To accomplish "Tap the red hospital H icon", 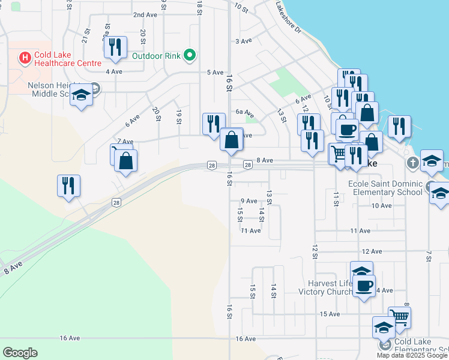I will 25,58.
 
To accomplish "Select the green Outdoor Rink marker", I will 190,56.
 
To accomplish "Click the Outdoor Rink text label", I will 156,56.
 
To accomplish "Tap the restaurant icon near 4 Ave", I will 115,47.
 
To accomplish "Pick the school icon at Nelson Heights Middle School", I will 81,95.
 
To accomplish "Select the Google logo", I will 20,353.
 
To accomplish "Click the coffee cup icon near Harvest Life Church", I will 363,285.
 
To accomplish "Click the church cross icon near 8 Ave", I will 412,163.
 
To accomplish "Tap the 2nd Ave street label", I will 145,14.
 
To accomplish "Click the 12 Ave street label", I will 372,251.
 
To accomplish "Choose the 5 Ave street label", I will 214,73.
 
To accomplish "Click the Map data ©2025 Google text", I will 412,355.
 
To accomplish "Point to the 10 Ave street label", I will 381,205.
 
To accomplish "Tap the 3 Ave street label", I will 243,41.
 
